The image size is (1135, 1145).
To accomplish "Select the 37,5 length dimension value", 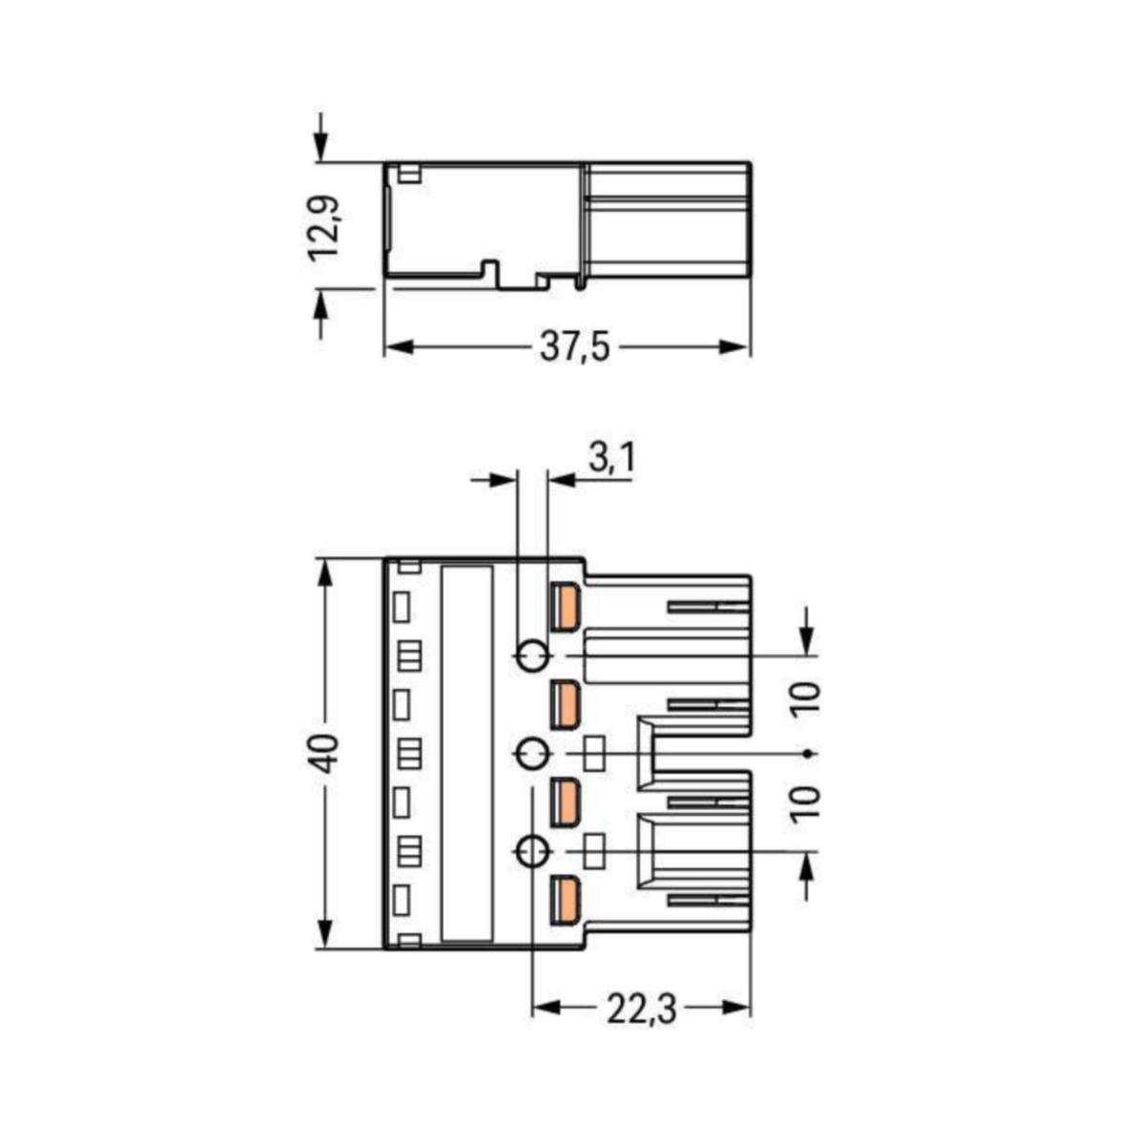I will coord(574,348).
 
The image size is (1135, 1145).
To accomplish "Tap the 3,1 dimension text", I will coord(611,459).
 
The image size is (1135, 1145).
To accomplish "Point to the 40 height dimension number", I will coord(325,754).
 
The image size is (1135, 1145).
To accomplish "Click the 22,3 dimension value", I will coord(641,1008).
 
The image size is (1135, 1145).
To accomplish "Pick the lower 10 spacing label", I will coord(807,802).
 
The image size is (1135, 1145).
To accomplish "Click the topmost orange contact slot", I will coord(565,608).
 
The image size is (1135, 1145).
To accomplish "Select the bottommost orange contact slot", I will coord(565,900).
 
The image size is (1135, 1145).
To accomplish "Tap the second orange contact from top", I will coord(565,705).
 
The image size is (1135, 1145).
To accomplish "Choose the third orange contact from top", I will coord(565,802).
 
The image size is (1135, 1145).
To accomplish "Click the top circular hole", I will coord(531,656).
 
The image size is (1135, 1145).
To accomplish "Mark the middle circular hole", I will coord(531,755).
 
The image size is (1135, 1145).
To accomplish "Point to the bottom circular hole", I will coord(531,852).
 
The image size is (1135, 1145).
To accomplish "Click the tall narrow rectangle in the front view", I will coord(467,754).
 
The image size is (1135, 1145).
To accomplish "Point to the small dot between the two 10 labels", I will coord(808,754).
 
